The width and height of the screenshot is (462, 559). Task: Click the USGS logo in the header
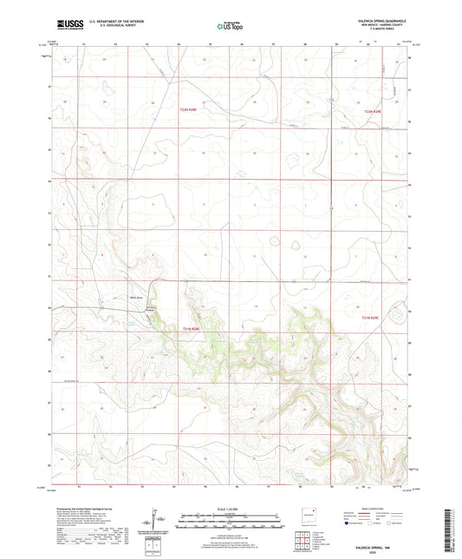pyautogui.click(x=63, y=25)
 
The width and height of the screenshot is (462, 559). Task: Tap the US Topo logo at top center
pyautogui.click(x=230, y=26)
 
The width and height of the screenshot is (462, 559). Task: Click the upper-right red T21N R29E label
pyautogui.click(x=373, y=110)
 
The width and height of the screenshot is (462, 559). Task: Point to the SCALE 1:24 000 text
pyautogui.click(x=230, y=508)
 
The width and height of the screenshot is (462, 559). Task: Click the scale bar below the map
pyautogui.click(x=230, y=521)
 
